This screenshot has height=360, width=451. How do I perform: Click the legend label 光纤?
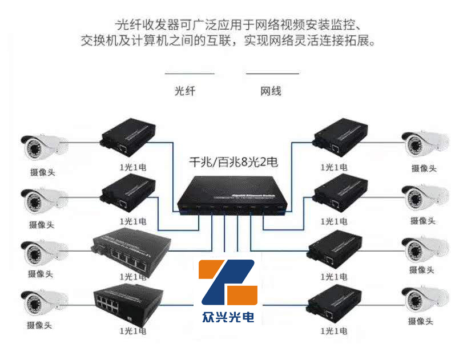(185, 91)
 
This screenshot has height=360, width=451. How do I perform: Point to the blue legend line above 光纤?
(189, 74)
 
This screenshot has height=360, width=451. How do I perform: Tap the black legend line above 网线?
(272, 74)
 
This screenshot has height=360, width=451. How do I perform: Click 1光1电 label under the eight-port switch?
(132, 330)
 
